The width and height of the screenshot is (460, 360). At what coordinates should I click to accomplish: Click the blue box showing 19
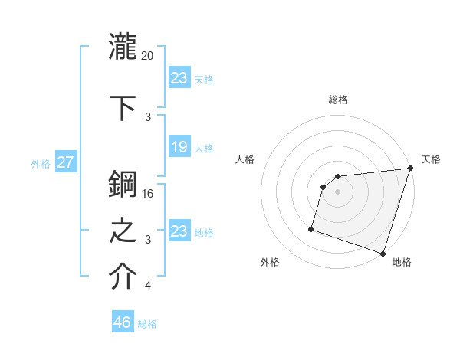tap(179, 147)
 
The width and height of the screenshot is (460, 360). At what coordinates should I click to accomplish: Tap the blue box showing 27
tap(66, 162)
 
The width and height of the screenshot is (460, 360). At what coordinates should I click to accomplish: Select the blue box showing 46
tap(123, 322)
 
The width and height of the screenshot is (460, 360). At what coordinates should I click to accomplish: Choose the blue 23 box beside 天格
tap(179, 78)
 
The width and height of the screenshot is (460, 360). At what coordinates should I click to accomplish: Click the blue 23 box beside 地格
tap(179, 231)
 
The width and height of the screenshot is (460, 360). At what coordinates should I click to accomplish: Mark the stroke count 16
tap(148, 193)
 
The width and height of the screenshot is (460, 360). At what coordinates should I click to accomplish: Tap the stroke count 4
tap(148, 286)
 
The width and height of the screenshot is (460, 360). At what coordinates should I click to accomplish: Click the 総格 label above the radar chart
tap(337, 100)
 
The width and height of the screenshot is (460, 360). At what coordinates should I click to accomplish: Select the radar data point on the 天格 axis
tap(410, 169)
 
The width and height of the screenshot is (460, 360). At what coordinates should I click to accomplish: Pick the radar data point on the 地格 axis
tap(383, 253)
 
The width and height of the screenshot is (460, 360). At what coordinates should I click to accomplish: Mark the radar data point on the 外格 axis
tap(311, 228)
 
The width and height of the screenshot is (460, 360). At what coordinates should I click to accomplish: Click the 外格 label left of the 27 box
tap(40, 163)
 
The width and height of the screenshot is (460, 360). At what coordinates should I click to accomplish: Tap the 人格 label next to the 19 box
tap(204, 148)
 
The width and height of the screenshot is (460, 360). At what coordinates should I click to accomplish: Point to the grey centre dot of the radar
tap(337, 191)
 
